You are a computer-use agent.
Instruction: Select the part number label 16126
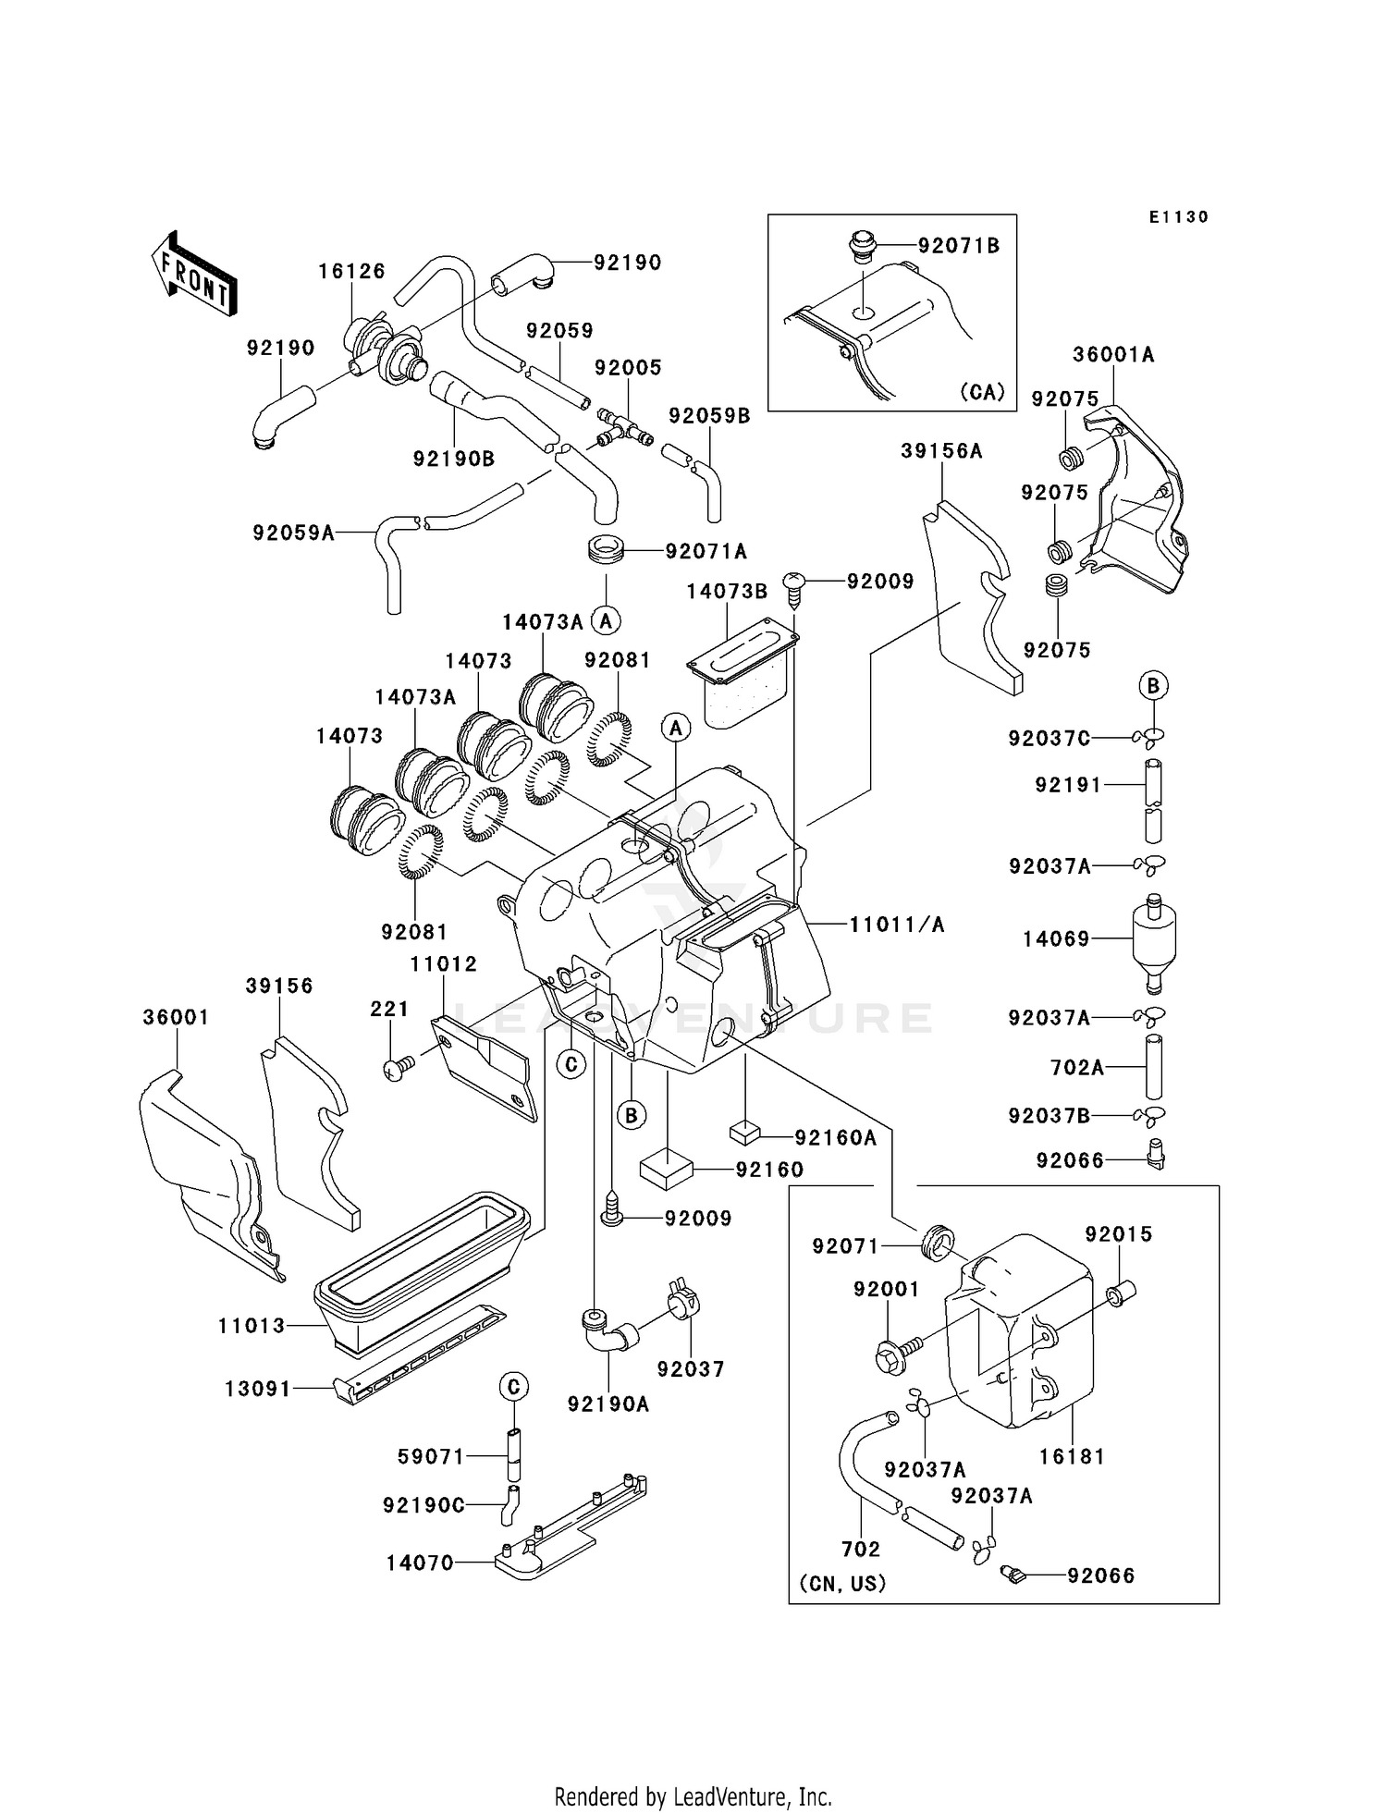click(x=351, y=271)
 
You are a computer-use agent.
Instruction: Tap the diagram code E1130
click(x=1179, y=217)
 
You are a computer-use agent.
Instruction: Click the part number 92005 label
click(x=628, y=367)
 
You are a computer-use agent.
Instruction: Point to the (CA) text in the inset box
click(x=982, y=391)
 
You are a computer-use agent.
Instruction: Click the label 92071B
click(x=959, y=246)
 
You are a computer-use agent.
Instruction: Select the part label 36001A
click(x=1113, y=354)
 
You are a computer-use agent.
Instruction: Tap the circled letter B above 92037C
click(x=1153, y=686)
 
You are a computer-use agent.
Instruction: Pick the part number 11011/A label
click(x=897, y=924)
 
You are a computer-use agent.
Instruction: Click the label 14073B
click(x=727, y=591)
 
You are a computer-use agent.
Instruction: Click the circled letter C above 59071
click(x=514, y=1386)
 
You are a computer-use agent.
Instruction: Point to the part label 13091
click(x=257, y=1389)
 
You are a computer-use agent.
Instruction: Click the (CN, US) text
click(x=842, y=1583)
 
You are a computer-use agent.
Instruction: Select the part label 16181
click(x=1072, y=1456)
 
